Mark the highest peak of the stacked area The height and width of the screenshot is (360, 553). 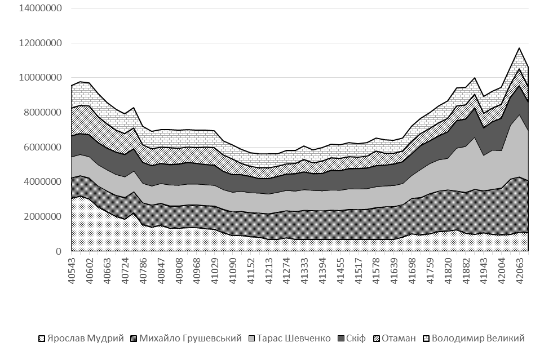519,48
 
